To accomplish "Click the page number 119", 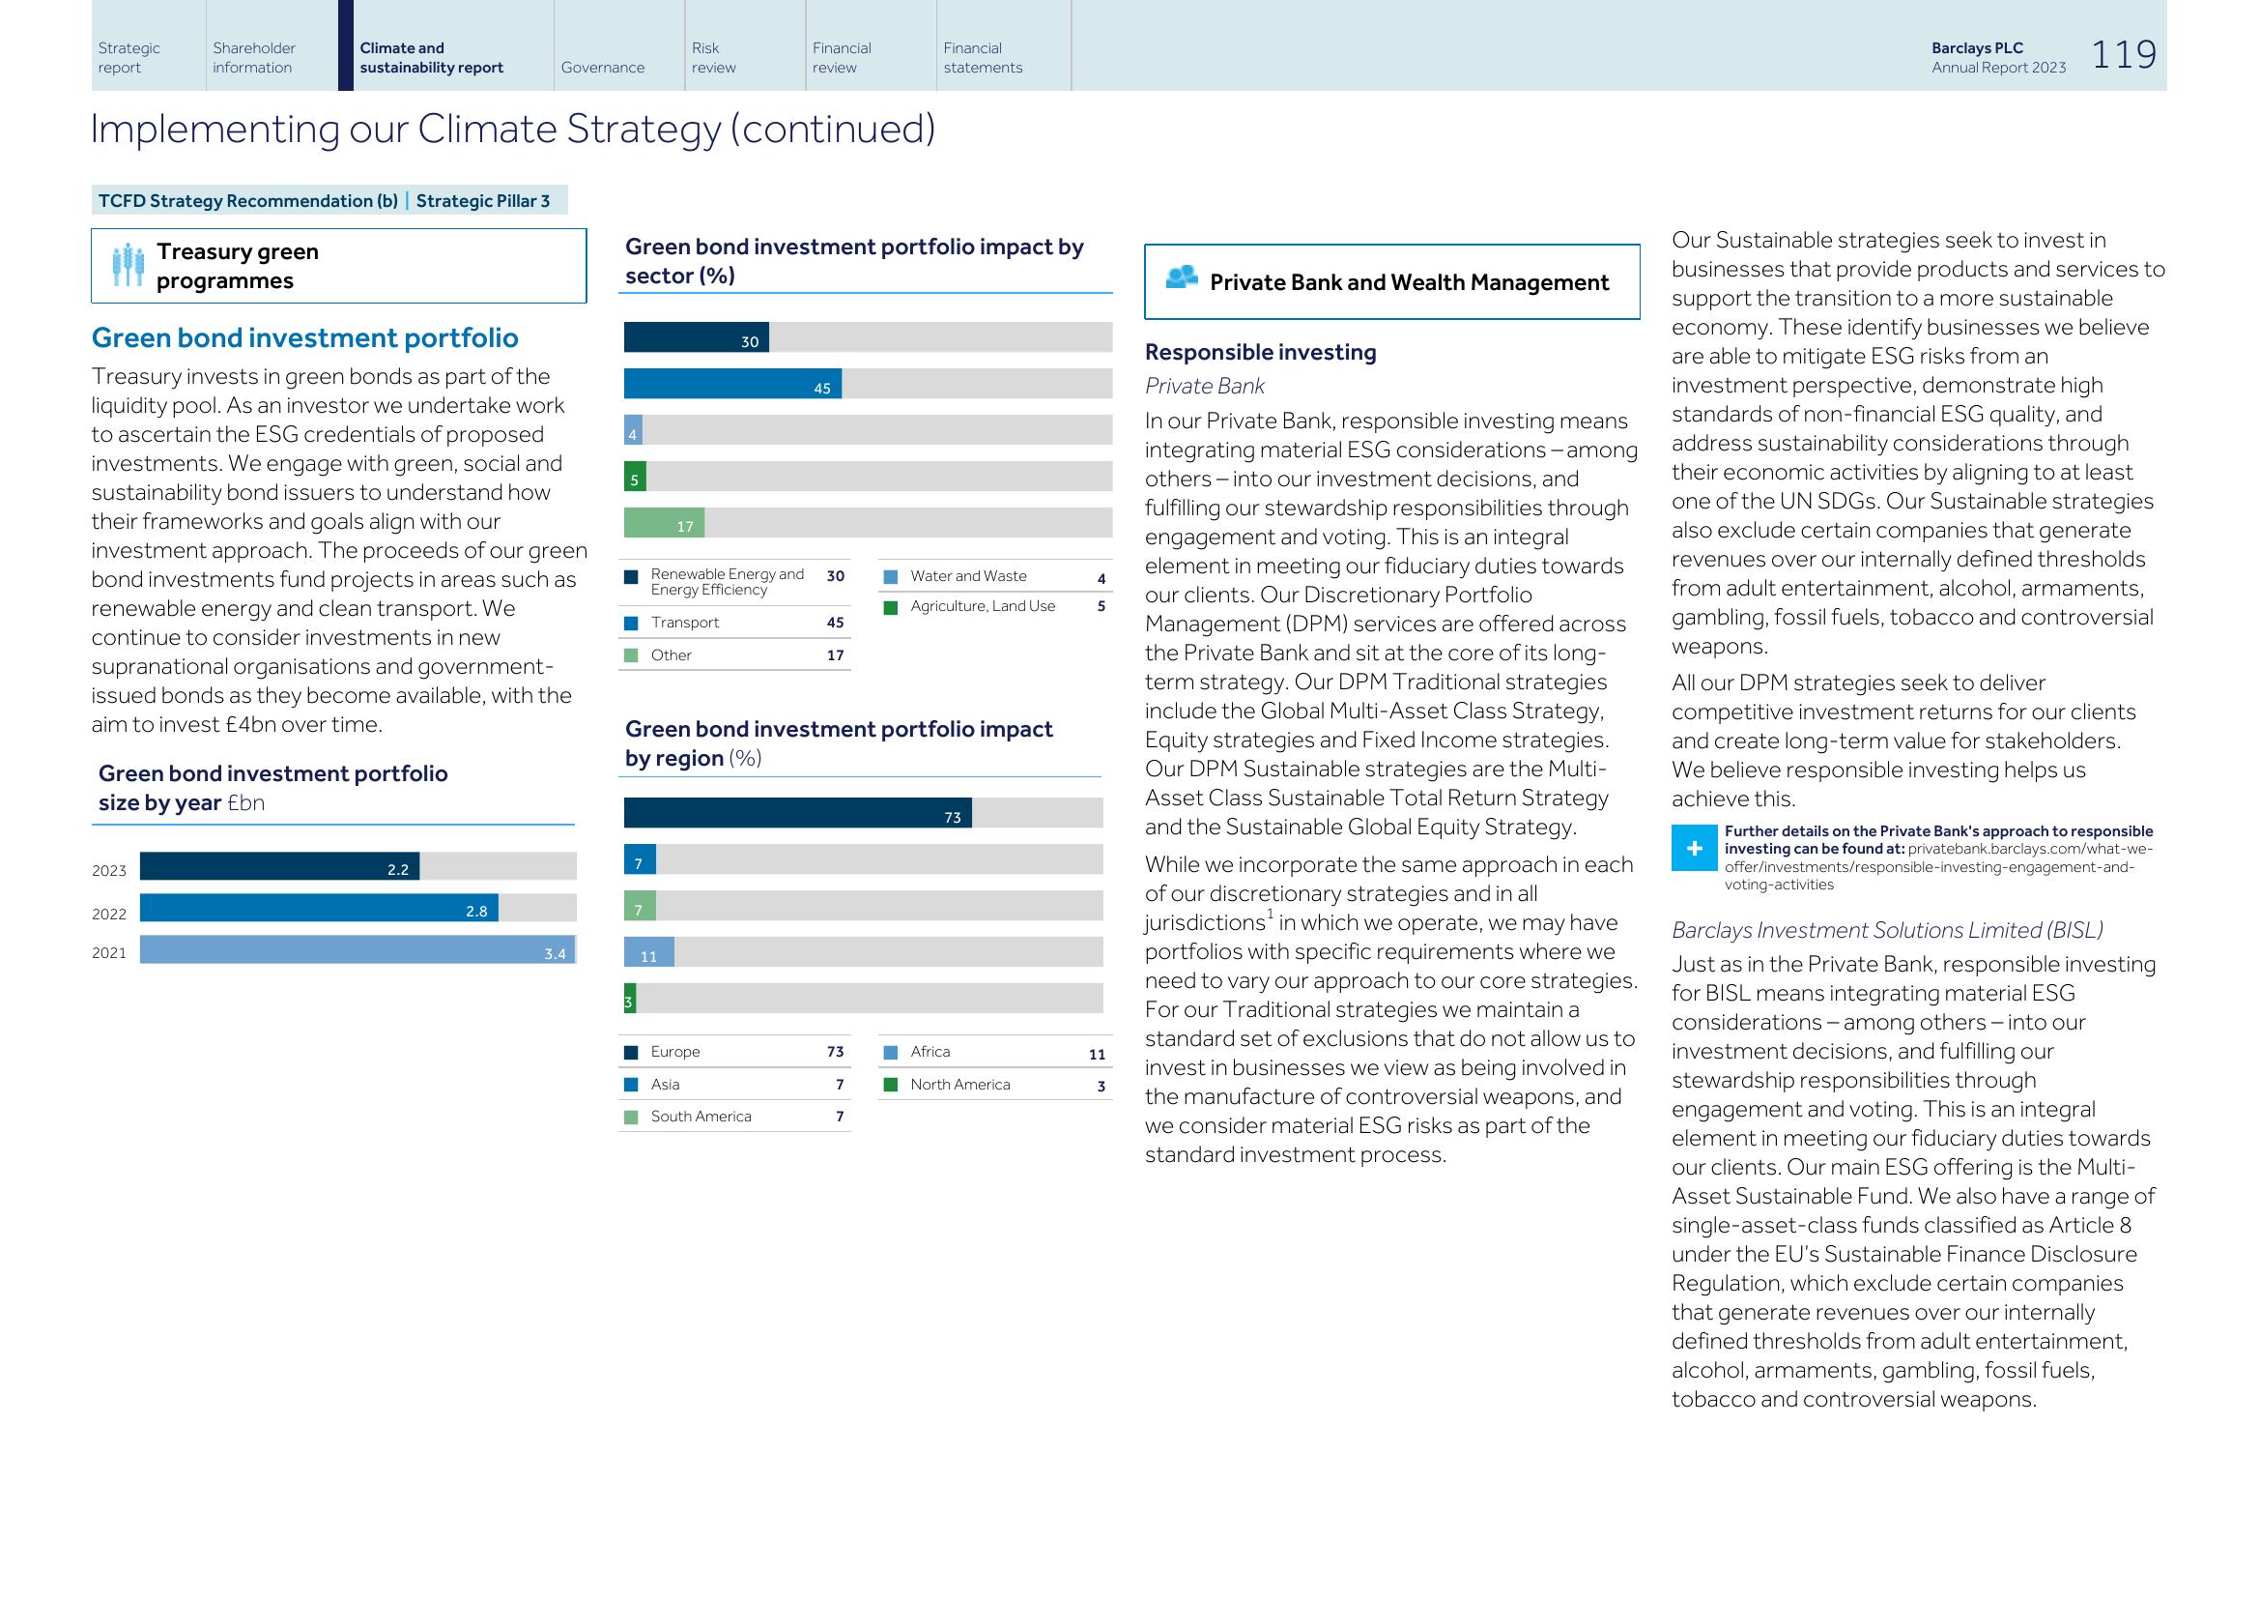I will point(2123,55).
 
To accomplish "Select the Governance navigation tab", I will point(602,67).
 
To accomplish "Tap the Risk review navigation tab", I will point(713,57).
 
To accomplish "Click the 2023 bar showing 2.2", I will point(279,866).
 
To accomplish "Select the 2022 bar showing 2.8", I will point(319,908).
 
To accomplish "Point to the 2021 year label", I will point(109,952).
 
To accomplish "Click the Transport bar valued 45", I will point(732,384).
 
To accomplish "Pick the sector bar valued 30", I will point(696,337).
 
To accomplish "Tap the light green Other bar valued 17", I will point(665,523).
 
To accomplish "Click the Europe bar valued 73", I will point(797,813).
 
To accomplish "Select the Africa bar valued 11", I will point(648,952).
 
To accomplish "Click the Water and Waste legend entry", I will point(967,576).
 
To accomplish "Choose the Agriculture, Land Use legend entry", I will point(982,606).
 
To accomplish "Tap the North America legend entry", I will point(959,1084).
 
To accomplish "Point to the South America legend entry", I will point(700,1117).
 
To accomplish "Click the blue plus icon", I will point(1694,849).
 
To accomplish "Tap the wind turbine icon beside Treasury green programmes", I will point(128,265).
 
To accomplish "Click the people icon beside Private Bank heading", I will point(1180,278).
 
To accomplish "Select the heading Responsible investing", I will point(1260,353).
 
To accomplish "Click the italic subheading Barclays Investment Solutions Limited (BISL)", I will point(1887,930).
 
